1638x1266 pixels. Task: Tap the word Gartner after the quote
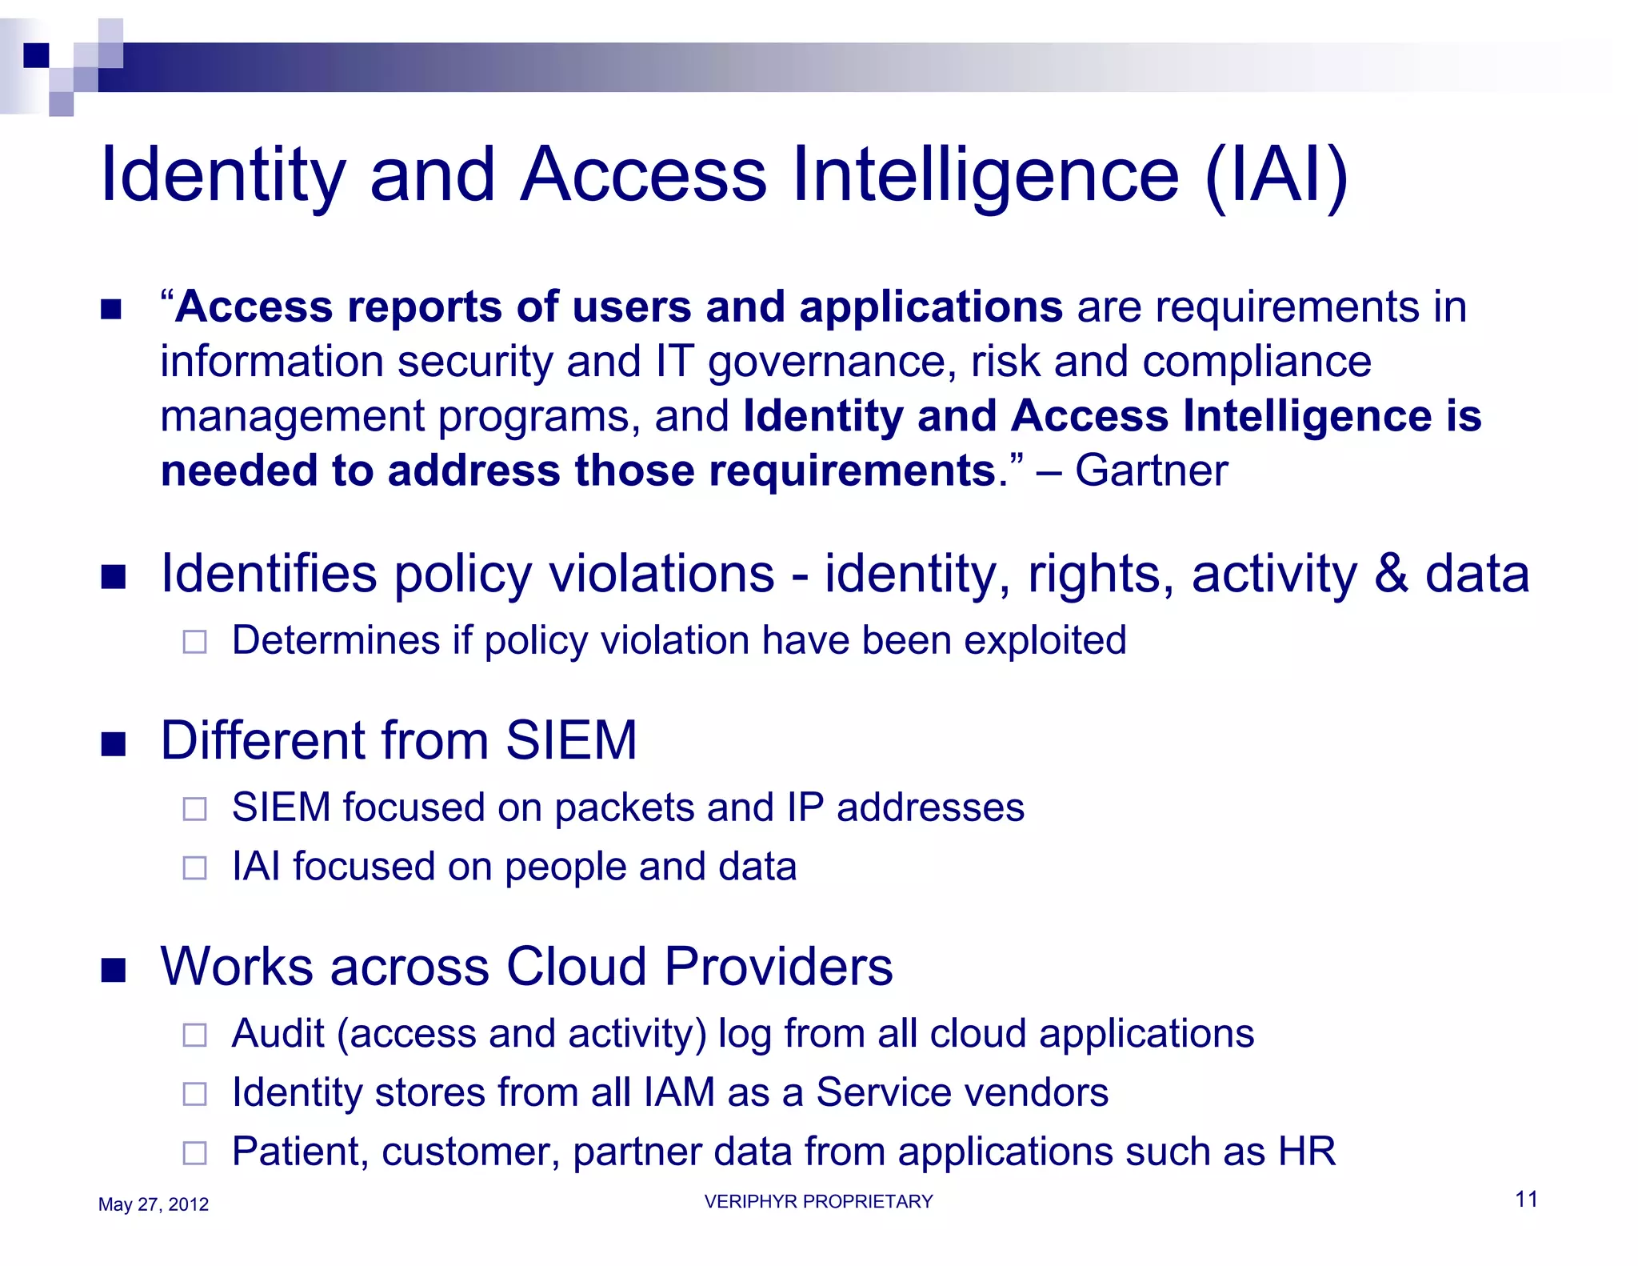pos(1151,470)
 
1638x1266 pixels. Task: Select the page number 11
pos(1526,1199)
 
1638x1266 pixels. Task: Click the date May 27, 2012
pos(153,1204)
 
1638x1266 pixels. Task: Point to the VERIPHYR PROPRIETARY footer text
pos(818,1201)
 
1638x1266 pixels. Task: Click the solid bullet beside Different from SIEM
pos(114,743)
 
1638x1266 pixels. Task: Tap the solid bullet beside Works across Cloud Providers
pos(114,970)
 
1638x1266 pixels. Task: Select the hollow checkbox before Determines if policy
pos(194,642)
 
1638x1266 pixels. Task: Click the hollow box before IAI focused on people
pos(194,868)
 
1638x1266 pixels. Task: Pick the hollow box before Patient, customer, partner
pos(194,1153)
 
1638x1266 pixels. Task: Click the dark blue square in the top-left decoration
pos(37,54)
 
